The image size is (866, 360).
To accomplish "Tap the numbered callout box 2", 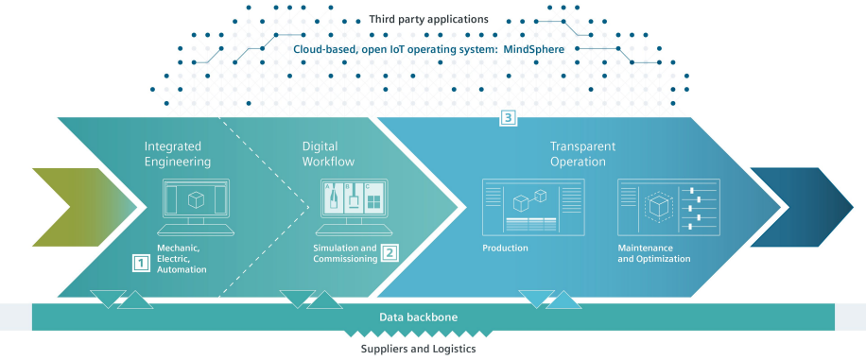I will pyautogui.click(x=390, y=252).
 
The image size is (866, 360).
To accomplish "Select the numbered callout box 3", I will pyautogui.click(x=508, y=119).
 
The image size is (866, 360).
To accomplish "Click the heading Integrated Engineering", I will pyautogui.click(x=178, y=154).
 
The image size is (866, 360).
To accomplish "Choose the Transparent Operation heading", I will pyautogui.click(x=582, y=154).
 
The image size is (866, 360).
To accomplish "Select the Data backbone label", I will pyautogui.click(x=419, y=317).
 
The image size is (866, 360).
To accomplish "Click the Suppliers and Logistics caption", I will pyautogui.click(x=418, y=349).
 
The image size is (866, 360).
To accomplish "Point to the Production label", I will pyautogui.click(x=505, y=249).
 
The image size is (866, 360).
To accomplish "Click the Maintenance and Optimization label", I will pyautogui.click(x=653, y=253).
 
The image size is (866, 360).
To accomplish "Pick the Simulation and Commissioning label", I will pyautogui.click(x=344, y=253).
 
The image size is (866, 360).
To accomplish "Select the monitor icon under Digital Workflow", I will pyautogui.click(x=353, y=207).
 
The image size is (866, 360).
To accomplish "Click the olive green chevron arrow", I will pyautogui.click(x=74, y=206).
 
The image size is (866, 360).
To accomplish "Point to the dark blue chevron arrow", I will pyautogui.click(x=799, y=206).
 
